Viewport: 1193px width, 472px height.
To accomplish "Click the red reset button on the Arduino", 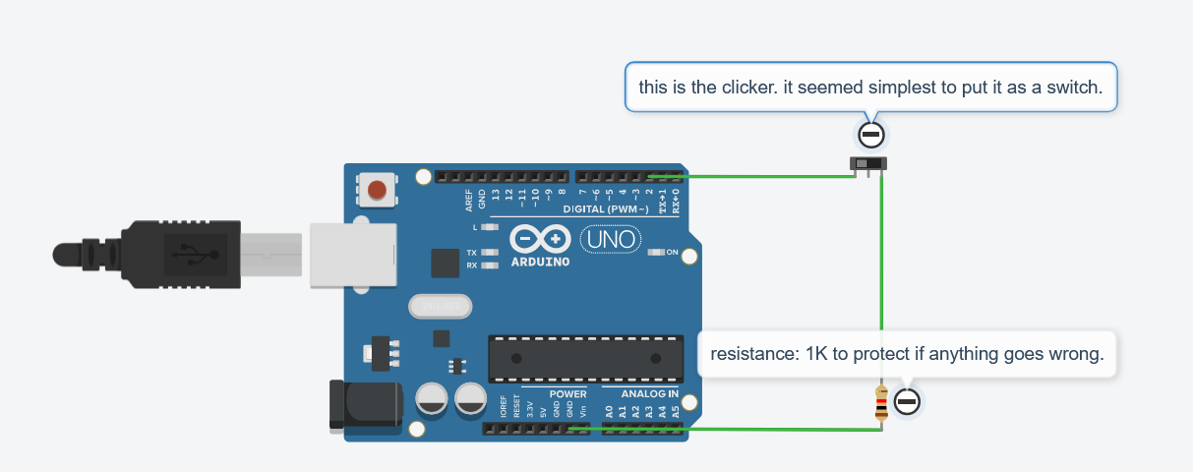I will pos(376,190).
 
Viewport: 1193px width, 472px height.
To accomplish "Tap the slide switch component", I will pos(868,163).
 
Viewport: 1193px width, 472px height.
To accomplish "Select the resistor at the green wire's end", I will pos(881,404).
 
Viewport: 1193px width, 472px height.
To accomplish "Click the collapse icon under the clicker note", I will pos(870,135).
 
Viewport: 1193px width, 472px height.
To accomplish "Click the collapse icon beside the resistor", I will pos(907,401).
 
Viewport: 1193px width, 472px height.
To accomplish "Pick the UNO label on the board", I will pos(611,238).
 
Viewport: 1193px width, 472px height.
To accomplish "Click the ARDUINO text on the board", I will pos(540,263).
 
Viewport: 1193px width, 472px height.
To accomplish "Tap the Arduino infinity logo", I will pos(540,239).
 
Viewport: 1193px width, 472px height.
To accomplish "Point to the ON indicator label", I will pos(673,253).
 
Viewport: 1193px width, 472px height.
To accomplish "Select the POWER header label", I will pos(567,393).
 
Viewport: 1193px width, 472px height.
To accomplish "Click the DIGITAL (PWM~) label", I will pos(605,209).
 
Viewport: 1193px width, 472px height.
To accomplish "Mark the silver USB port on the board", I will pos(353,255).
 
